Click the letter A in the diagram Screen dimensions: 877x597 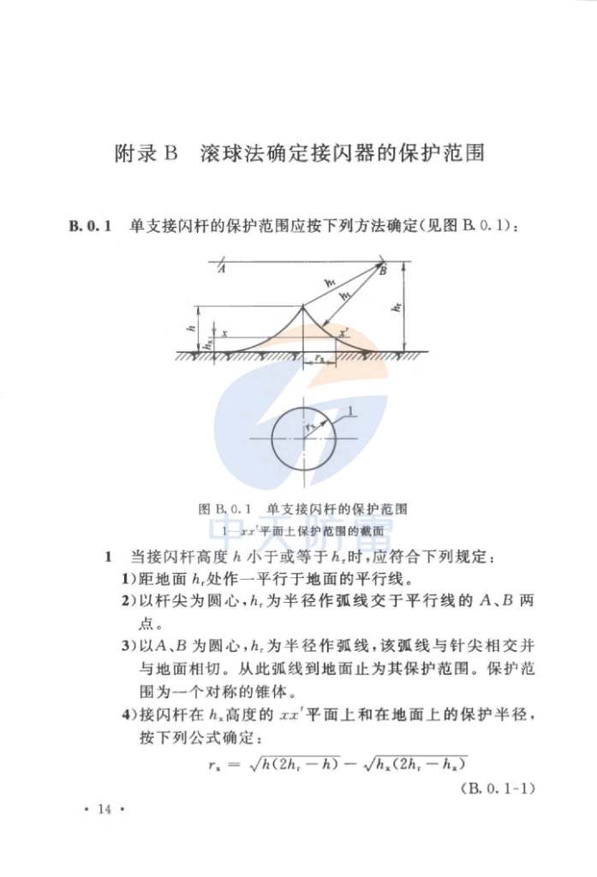tap(222, 271)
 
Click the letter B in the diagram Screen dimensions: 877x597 tap(383, 271)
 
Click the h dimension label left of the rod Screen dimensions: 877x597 tap(194, 326)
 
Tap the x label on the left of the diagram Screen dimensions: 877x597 tap(225, 333)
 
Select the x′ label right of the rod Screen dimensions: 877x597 tap(343, 333)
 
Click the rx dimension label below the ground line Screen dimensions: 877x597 tap(319, 360)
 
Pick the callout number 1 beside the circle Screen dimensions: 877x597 tap(350, 413)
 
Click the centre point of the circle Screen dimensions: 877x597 tap(302, 439)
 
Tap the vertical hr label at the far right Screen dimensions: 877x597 tap(398, 307)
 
